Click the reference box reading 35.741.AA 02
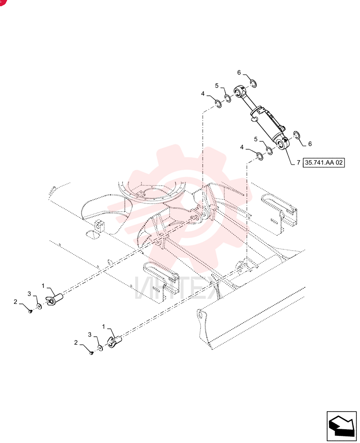324,163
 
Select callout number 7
298,163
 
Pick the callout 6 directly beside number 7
309,144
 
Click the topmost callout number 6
239,73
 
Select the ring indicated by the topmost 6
253,83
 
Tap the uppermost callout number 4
203,93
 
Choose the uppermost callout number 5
217,85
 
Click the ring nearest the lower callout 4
260,156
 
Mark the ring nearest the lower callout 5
270,151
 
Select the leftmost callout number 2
16,302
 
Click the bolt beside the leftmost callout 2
30,311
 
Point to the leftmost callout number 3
29,294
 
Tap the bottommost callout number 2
76,343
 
